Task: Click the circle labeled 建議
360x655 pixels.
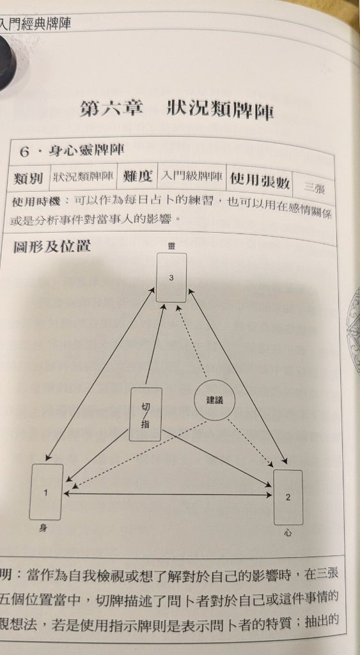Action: (215, 400)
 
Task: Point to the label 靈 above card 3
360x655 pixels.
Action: (171, 246)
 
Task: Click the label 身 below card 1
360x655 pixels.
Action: (43, 528)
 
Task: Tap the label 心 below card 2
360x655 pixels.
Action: (288, 533)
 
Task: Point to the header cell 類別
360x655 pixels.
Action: (28, 178)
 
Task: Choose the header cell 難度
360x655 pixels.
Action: (137, 177)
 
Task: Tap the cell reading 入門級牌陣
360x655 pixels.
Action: (192, 178)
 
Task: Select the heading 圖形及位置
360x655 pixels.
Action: (52, 246)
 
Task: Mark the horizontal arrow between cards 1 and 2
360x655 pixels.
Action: (168, 494)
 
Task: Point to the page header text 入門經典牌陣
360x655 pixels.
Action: (35, 23)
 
